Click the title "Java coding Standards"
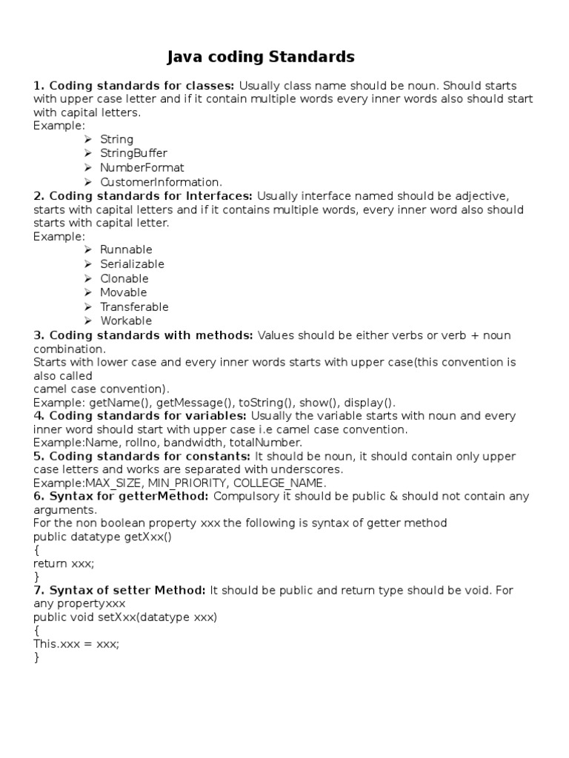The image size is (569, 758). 260,57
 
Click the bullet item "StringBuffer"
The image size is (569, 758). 134,153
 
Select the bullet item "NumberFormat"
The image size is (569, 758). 142,167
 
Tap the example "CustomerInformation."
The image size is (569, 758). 161,181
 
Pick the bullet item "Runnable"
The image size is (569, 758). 126,249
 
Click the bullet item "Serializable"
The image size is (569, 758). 132,264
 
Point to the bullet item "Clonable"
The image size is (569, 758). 124,278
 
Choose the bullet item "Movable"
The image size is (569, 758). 124,292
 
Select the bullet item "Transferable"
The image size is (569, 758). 134,306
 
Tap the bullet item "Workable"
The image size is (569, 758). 126,321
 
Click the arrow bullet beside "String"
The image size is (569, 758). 87,139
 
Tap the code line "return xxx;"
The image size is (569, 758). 64,563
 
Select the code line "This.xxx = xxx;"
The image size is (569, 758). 76,643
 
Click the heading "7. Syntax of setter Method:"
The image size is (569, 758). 120,590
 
